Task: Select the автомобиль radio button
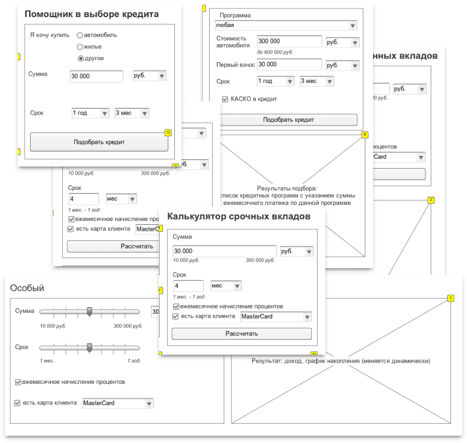pos(80,35)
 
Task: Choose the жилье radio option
pos(80,47)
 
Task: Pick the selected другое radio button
pos(80,59)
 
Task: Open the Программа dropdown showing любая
pos(286,25)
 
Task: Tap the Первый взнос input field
pos(289,65)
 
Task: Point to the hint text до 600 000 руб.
pos(275,52)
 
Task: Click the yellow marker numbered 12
pos(168,133)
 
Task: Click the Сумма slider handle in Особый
pos(89,311)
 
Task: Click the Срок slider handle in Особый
pos(89,347)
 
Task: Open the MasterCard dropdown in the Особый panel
pos(118,403)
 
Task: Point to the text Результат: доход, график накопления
pos(341,361)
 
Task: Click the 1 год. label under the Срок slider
pos(134,361)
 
